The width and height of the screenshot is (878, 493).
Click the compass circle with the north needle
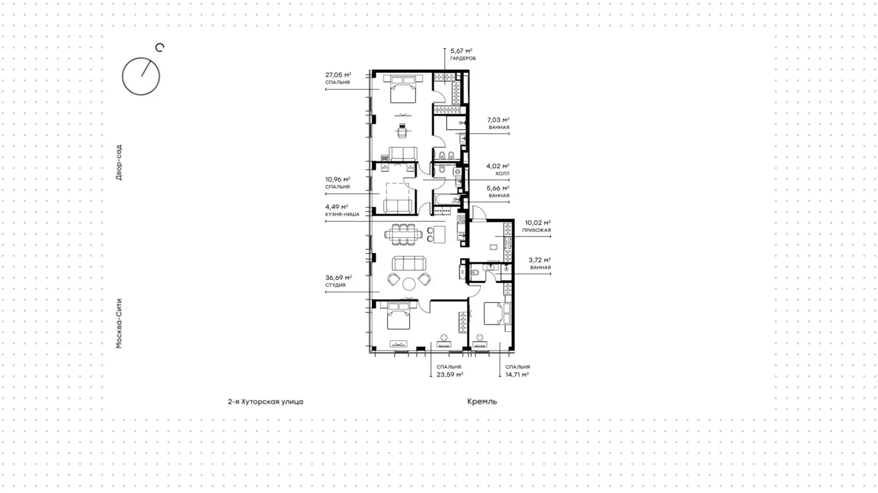click(x=122, y=77)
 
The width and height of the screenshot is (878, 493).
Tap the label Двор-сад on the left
click(x=119, y=163)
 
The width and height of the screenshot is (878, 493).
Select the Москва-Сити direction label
click(x=119, y=324)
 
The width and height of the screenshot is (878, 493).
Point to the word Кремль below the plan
click(x=482, y=401)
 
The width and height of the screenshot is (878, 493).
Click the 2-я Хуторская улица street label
click(x=265, y=402)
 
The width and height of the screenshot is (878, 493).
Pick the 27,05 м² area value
click(x=338, y=75)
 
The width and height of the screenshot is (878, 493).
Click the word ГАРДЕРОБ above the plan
click(x=463, y=59)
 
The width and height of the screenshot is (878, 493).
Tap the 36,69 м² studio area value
click(x=339, y=277)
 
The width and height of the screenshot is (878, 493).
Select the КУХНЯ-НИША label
click(x=342, y=214)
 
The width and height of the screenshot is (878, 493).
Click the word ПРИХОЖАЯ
click(x=536, y=230)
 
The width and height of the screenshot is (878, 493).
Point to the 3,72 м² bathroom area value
click(x=539, y=260)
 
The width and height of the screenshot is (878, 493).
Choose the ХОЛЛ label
click(x=502, y=174)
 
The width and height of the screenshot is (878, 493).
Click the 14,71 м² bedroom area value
click(x=517, y=374)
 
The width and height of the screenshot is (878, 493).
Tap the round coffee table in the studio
click(x=409, y=283)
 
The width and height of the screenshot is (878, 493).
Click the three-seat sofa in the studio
click(x=409, y=263)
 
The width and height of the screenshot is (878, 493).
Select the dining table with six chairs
click(x=403, y=235)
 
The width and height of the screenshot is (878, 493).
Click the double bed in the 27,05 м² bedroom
click(x=403, y=89)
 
